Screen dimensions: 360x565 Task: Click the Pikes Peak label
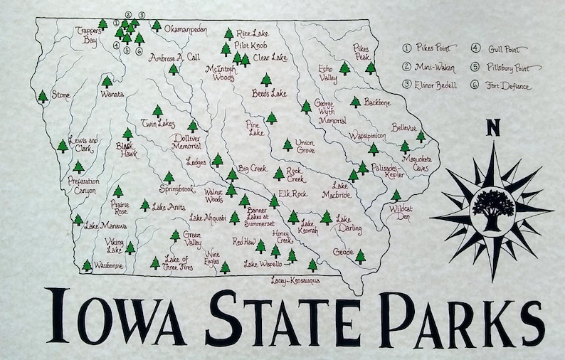[362, 51]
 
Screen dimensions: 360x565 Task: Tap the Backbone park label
[378, 102]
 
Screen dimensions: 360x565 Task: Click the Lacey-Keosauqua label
[294, 280]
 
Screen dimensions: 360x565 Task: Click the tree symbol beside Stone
[43, 95]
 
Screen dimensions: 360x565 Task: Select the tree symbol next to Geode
[360, 255]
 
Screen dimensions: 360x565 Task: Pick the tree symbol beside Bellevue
[420, 136]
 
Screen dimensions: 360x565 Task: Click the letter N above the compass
[492, 129]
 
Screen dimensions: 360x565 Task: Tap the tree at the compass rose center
[492, 207]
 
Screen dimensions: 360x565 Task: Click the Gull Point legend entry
[501, 49]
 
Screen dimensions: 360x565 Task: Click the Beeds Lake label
[268, 93]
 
